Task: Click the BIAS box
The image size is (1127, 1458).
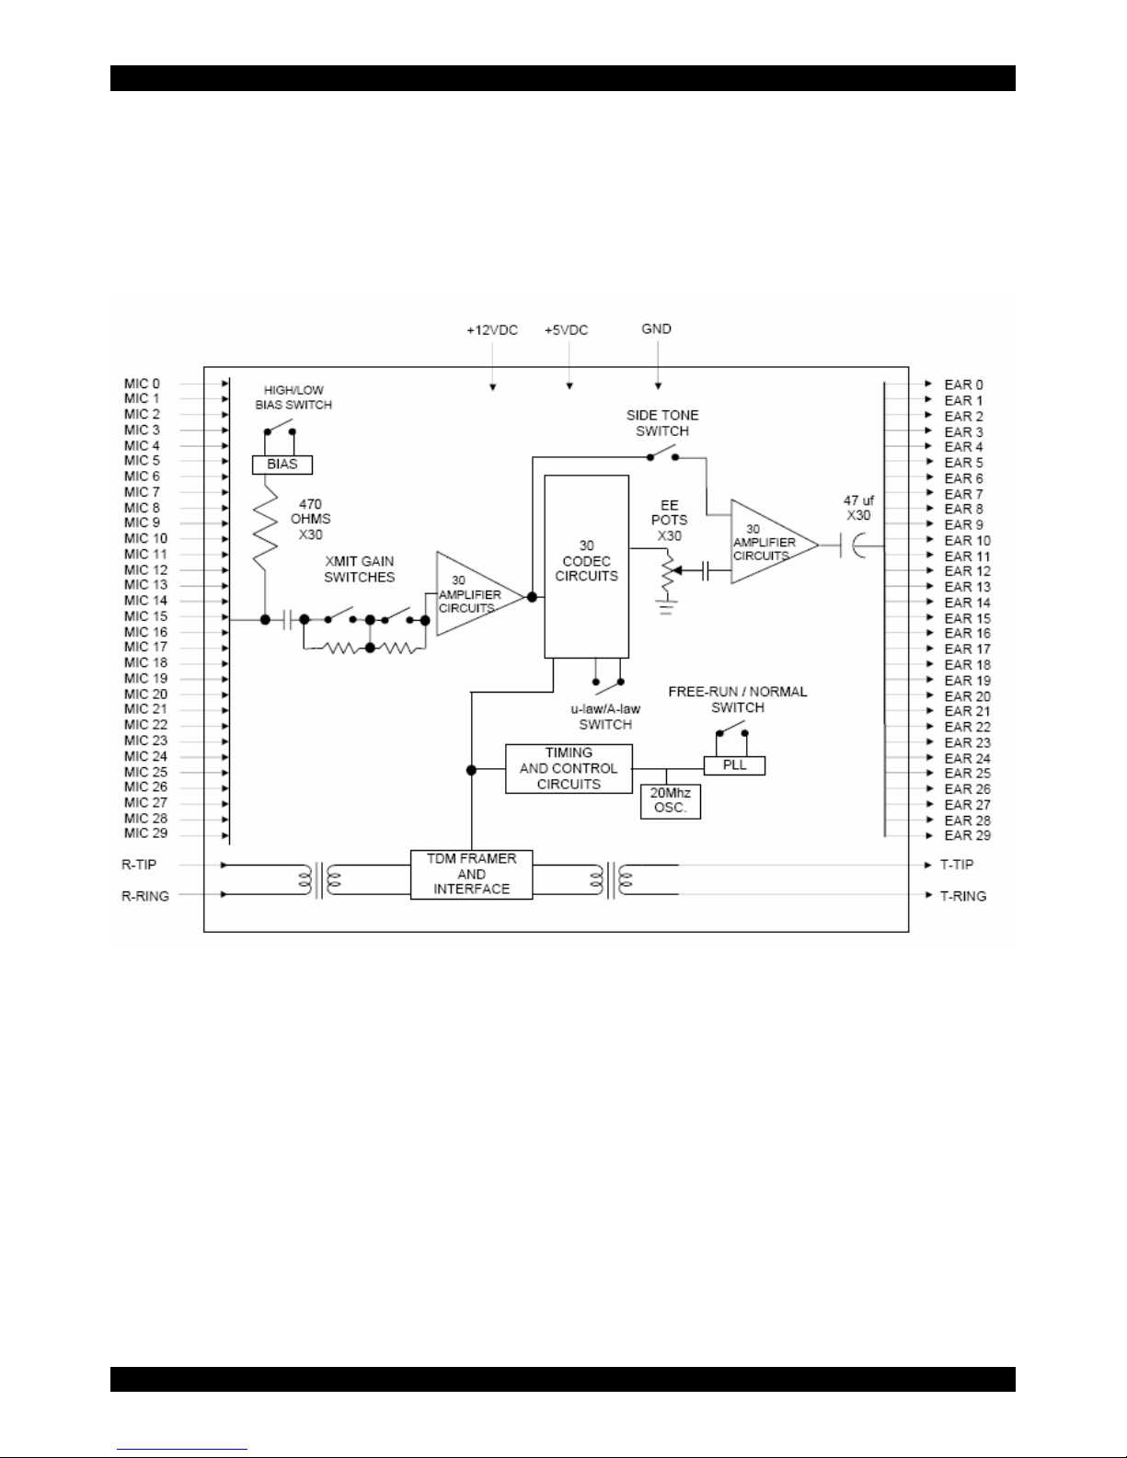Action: (282, 465)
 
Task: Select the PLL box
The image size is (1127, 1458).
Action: (734, 765)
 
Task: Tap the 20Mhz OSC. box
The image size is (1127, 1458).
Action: (670, 801)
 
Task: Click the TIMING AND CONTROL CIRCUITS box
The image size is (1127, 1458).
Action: (569, 768)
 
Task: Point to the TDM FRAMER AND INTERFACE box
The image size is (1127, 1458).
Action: (471, 874)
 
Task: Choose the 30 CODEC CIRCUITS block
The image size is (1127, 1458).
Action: (586, 567)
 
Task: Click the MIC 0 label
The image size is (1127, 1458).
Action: (142, 384)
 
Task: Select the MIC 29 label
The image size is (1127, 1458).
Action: (145, 833)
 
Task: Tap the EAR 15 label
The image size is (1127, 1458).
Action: (967, 619)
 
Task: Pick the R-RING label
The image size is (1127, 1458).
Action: (145, 896)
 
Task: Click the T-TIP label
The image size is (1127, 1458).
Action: (957, 865)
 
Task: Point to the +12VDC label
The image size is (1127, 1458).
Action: (492, 330)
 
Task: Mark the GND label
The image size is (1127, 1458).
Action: (656, 328)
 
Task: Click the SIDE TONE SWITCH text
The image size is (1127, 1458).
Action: (662, 423)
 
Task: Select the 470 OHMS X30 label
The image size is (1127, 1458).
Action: (311, 520)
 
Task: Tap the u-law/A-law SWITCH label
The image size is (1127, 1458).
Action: (605, 717)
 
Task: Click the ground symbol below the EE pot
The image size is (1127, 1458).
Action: (665, 609)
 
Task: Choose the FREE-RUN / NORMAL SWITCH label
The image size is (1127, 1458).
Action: (737, 699)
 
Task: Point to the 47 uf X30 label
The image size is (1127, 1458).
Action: (858, 508)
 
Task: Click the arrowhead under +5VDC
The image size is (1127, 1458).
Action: (569, 385)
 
